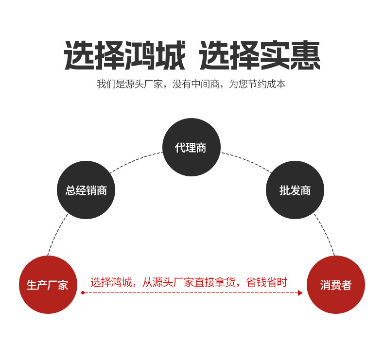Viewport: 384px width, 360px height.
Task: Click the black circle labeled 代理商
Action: (191, 147)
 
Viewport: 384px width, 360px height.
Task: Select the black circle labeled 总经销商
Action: (87, 190)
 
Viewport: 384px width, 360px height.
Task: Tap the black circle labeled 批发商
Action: (295, 190)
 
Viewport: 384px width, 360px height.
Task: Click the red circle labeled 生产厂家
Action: (48, 285)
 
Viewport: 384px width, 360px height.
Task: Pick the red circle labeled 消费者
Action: (336, 285)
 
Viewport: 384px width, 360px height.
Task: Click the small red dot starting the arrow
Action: (83, 293)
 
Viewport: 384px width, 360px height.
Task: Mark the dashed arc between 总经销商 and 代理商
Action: (135, 160)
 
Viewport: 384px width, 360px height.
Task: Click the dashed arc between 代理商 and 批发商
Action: (247, 160)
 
